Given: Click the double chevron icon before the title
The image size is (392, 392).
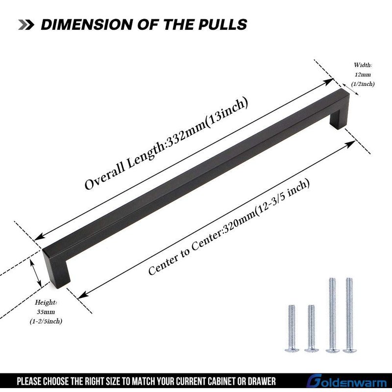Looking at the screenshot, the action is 26,25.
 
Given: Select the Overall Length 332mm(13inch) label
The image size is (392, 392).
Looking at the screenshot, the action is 166,144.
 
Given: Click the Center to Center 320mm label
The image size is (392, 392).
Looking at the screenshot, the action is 229,227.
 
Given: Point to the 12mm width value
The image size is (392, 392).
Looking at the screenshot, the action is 363,74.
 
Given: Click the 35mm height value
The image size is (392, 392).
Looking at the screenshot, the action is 46,312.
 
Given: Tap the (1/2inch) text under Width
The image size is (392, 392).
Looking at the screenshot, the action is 363,84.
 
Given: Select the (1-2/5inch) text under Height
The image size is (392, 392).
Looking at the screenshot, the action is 46,321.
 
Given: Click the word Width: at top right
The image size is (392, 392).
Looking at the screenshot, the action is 363,65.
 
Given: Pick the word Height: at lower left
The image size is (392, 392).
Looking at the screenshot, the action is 46,302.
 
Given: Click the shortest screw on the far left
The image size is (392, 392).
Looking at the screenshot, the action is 292,328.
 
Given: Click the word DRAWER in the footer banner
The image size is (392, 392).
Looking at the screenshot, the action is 262,382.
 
